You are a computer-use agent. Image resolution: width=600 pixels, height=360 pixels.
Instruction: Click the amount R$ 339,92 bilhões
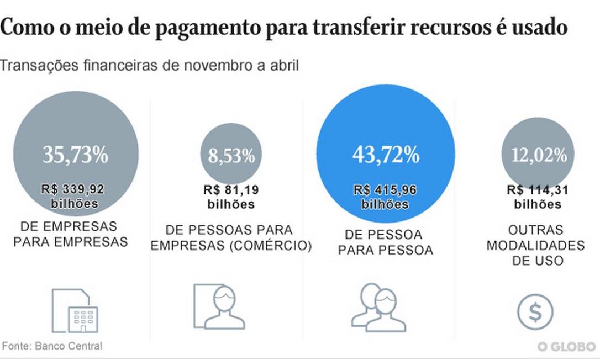73,197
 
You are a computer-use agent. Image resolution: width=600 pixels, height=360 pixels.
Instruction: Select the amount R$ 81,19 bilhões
231,197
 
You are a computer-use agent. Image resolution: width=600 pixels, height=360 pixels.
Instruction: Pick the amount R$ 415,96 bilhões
385,197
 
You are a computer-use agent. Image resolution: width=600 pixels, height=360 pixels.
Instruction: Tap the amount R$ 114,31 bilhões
538,197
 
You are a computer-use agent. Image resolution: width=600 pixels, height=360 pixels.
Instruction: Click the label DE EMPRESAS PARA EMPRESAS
70,234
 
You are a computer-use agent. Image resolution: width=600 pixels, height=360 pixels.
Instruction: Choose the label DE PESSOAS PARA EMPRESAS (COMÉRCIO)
231,238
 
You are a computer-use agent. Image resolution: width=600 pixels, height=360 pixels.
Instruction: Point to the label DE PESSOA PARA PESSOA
385,242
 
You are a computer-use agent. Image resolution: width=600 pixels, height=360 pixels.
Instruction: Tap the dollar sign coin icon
535,313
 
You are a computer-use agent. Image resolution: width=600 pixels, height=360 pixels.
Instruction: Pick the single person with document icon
219,307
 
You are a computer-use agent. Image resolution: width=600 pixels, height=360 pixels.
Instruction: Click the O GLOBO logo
566,347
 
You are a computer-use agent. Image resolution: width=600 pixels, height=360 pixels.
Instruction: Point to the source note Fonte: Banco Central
53,346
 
